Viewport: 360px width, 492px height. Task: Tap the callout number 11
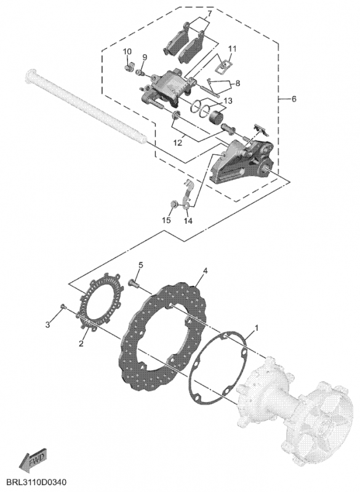(x=232, y=49)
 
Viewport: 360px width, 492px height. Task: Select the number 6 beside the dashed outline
(x=294, y=99)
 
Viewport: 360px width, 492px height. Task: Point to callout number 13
(x=228, y=101)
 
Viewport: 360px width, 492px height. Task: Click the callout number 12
(x=178, y=143)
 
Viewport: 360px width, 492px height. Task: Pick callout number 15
(x=166, y=220)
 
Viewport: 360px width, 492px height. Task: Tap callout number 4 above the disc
(x=205, y=271)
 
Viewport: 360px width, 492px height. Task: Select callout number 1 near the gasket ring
(x=257, y=328)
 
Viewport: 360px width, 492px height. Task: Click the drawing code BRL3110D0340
(x=33, y=482)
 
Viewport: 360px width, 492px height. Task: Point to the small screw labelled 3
(x=63, y=306)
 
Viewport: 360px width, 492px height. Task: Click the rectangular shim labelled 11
(x=223, y=64)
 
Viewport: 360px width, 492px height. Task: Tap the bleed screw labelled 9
(x=140, y=73)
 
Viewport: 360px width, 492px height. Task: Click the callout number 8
(x=238, y=84)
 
